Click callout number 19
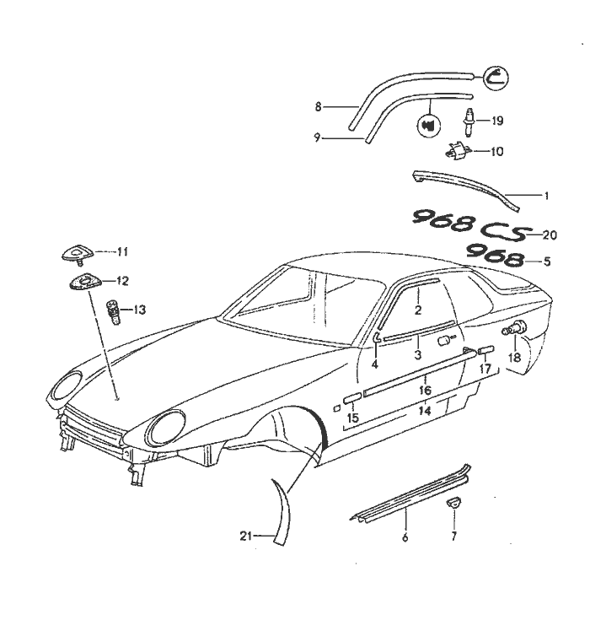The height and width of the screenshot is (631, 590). (496, 121)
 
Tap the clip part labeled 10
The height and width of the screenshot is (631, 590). (457, 152)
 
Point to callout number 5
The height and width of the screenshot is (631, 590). (547, 262)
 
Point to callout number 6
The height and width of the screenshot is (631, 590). (406, 537)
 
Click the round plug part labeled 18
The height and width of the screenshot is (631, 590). (513, 332)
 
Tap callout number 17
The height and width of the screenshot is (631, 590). (485, 369)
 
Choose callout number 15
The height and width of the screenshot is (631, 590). (352, 418)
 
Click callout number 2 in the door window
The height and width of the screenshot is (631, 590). (417, 310)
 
